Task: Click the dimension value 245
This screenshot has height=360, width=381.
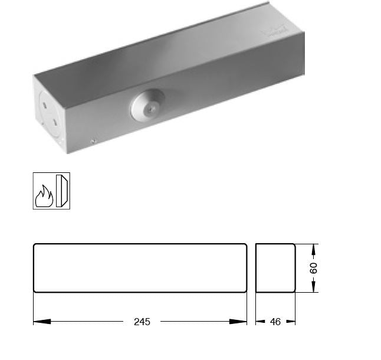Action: (x=142, y=322)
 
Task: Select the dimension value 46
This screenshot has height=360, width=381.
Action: (x=275, y=322)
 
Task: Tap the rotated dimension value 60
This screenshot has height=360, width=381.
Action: (x=314, y=267)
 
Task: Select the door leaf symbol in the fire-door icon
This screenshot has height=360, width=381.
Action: (x=61, y=191)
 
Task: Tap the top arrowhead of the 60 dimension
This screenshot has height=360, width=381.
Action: (x=314, y=248)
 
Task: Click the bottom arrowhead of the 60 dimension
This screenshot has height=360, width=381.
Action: (x=314, y=288)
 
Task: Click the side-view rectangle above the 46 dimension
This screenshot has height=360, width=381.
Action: (x=275, y=267)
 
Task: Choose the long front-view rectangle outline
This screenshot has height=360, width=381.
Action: (x=140, y=267)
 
